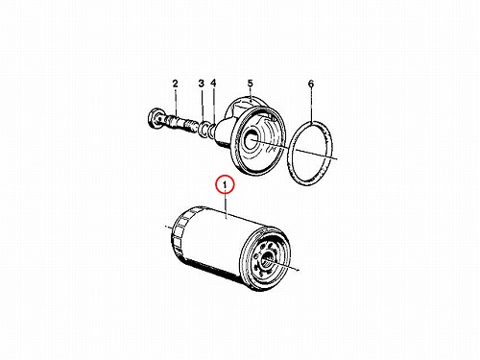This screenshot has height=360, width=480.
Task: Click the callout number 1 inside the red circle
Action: tap(225, 185)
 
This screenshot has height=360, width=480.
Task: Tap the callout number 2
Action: tap(175, 84)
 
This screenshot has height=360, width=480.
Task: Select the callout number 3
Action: tap(201, 84)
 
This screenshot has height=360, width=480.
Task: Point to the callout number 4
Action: tap(213, 84)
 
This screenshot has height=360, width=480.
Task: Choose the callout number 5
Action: tap(251, 84)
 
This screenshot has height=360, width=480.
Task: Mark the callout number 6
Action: tap(311, 84)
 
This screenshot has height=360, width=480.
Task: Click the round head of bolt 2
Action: tap(156, 119)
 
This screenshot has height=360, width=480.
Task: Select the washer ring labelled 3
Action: tap(203, 128)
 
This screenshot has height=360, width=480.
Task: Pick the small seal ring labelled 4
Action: tap(211, 130)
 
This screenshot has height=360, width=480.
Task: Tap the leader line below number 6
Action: tap(311, 105)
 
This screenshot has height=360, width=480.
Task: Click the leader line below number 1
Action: tap(226, 204)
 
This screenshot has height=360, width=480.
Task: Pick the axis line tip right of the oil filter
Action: tap(300, 271)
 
